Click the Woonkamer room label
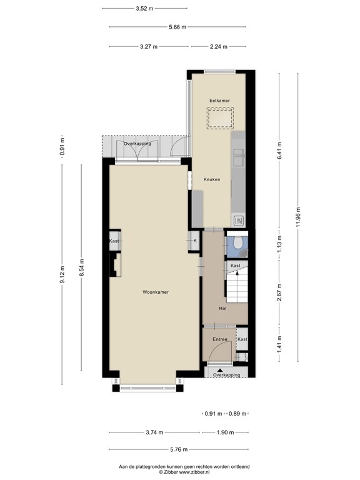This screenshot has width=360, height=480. pos(156,292)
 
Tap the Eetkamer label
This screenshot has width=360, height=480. pos(219,101)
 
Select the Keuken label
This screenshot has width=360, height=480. pos(212,179)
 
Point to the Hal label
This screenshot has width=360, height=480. pos(223,309)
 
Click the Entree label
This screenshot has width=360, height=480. pos(220,339)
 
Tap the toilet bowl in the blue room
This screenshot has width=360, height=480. pos(237,242)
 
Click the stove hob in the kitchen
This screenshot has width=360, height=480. pos(239,221)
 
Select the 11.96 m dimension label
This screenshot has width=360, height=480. pos(298,217)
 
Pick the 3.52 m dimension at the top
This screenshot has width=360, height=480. pos(144,9)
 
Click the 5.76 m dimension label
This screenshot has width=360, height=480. pos(179,449)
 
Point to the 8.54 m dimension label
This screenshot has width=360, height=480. pos(81,267)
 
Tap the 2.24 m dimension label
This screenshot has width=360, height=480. pos(219,46)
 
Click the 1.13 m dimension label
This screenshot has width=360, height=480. pos(279,244)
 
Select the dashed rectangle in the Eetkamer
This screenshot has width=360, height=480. pos(220,118)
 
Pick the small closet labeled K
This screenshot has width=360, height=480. pos(195,241)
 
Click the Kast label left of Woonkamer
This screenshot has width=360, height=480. pos(114,241)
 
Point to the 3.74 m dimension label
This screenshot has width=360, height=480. pos(154,432)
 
